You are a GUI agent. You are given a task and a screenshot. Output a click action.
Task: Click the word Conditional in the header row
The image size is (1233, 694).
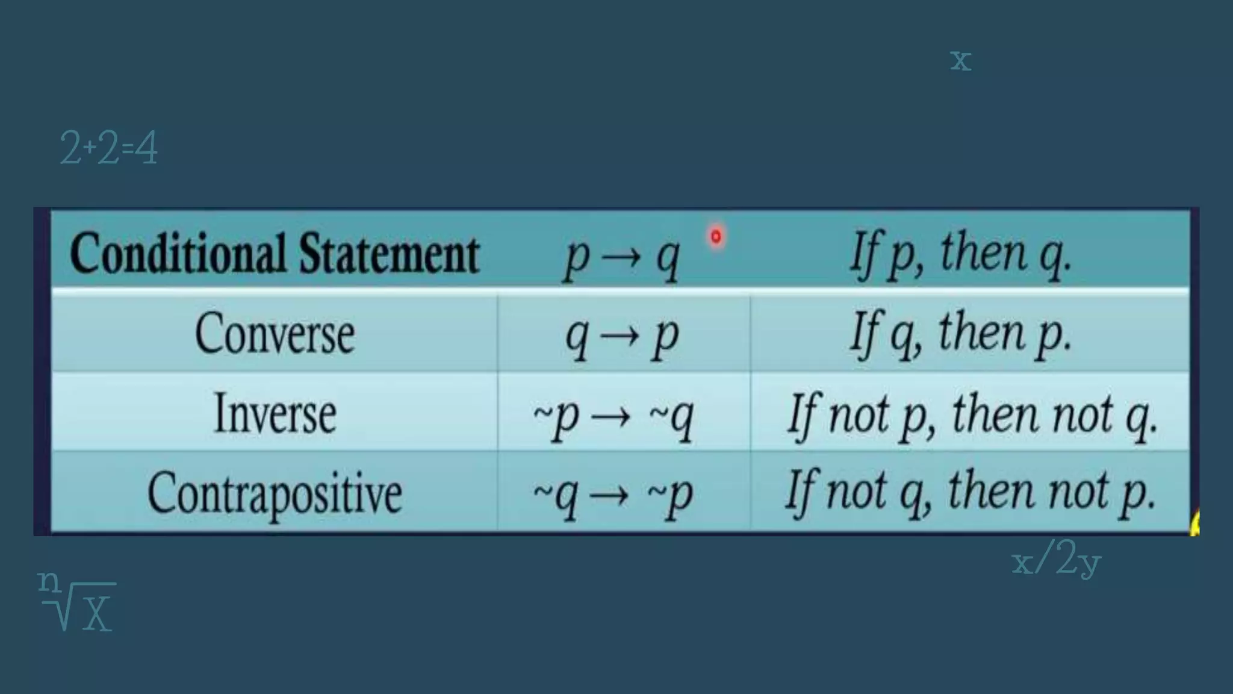click(x=178, y=253)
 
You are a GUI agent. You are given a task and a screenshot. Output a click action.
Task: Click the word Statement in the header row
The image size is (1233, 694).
click(x=389, y=253)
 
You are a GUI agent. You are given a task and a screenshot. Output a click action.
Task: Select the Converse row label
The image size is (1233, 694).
click(x=275, y=334)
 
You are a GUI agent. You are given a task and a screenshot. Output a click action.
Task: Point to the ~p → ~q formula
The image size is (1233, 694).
click(x=613, y=416)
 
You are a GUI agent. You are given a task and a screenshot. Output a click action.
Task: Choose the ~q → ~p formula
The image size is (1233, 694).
click(x=613, y=495)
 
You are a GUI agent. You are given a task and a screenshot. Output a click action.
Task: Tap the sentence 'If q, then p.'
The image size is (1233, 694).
click(x=961, y=334)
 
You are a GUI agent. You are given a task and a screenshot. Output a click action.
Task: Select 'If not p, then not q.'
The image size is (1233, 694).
click(x=972, y=414)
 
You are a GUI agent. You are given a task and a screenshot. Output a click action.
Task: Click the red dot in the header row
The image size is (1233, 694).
click(x=716, y=237)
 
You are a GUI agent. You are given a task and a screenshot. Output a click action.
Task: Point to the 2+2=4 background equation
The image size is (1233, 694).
click(x=109, y=148)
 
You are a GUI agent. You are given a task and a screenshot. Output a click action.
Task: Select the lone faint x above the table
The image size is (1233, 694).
click(x=961, y=60)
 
